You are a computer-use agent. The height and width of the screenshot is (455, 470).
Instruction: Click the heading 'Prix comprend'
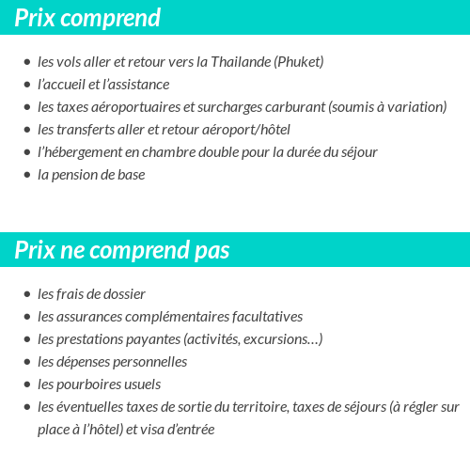[87, 18]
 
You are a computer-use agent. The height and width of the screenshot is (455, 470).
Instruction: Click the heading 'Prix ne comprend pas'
[122, 251]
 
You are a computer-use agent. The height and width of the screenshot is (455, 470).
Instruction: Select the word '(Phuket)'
[299, 62]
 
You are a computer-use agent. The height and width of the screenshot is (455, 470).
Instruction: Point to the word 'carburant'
[291, 107]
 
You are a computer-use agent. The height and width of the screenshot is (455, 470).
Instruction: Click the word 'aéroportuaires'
[133, 107]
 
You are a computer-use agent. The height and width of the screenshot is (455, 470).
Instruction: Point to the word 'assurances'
[90, 317]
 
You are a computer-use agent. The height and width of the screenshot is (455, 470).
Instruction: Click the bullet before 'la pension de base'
[26, 175]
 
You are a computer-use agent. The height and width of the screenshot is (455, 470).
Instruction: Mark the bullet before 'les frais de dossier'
[26, 294]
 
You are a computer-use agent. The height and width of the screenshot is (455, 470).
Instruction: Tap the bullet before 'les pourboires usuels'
[26, 384]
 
